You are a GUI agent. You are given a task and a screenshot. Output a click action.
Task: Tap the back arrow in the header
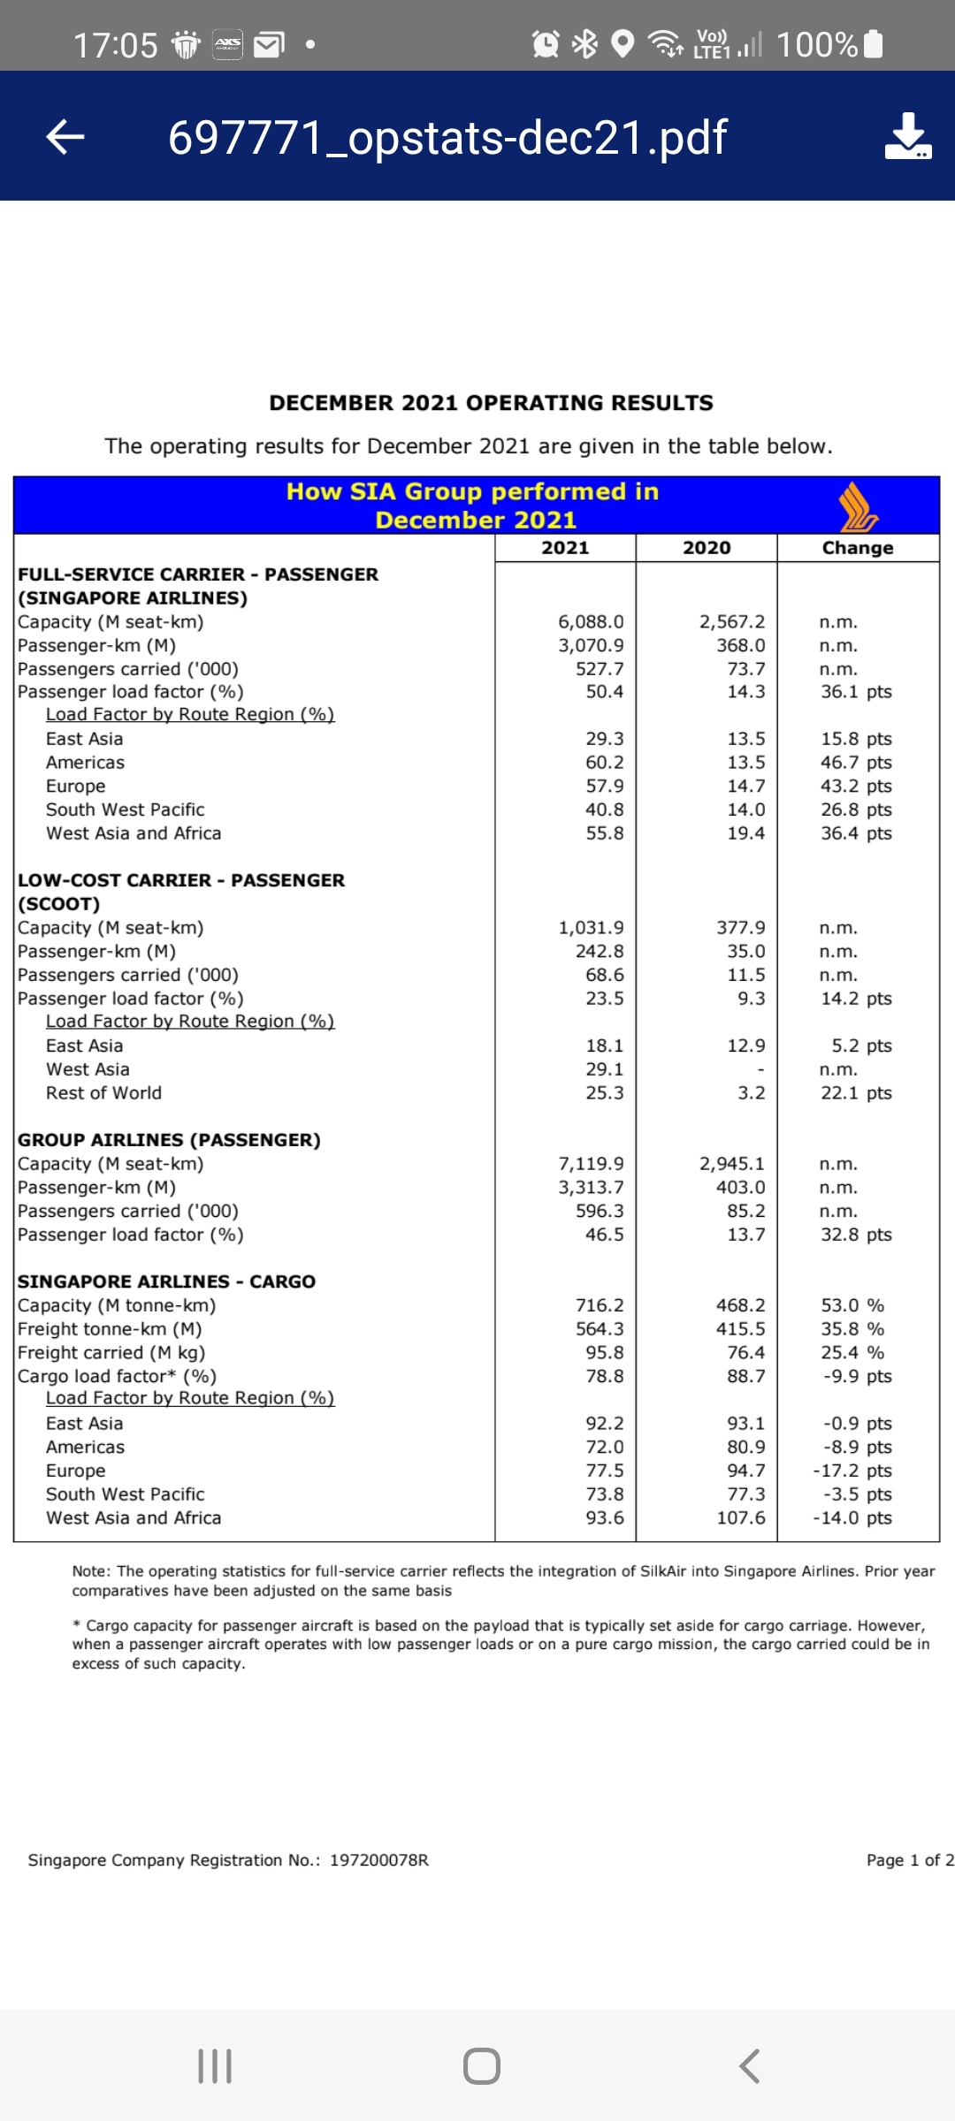tap(65, 136)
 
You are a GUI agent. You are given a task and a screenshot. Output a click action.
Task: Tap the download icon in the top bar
tap(907, 136)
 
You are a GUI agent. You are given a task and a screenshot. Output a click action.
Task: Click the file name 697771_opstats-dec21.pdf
tap(447, 138)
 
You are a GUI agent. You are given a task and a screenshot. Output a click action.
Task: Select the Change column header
tap(858, 548)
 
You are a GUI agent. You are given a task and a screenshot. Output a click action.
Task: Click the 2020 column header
tap(707, 548)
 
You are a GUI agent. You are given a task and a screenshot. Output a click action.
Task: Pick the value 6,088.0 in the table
tap(591, 622)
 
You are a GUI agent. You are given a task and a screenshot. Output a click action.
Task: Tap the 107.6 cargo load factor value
tap(741, 1517)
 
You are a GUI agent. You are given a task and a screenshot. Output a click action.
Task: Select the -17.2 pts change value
tap(852, 1471)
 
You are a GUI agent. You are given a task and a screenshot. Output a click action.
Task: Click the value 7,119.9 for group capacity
tap(591, 1164)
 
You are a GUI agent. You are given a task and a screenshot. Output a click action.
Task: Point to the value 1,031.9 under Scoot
tap(591, 928)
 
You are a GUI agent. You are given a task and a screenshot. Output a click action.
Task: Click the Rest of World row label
tap(103, 1093)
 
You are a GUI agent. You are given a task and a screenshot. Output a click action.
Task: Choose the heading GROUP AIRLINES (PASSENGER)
tap(169, 1140)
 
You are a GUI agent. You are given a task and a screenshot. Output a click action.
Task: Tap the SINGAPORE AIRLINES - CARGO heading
tap(166, 1281)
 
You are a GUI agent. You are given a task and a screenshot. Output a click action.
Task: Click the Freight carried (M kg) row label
tap(111, 1352)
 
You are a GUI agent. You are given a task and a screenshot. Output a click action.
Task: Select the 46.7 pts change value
tap(856, 763)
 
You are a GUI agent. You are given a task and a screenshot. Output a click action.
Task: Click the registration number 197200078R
tap(379, 1860)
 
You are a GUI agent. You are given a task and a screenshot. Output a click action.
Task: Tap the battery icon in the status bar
tap(873, 43)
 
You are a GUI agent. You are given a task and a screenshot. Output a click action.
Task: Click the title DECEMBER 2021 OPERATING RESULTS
tap(491, 403)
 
